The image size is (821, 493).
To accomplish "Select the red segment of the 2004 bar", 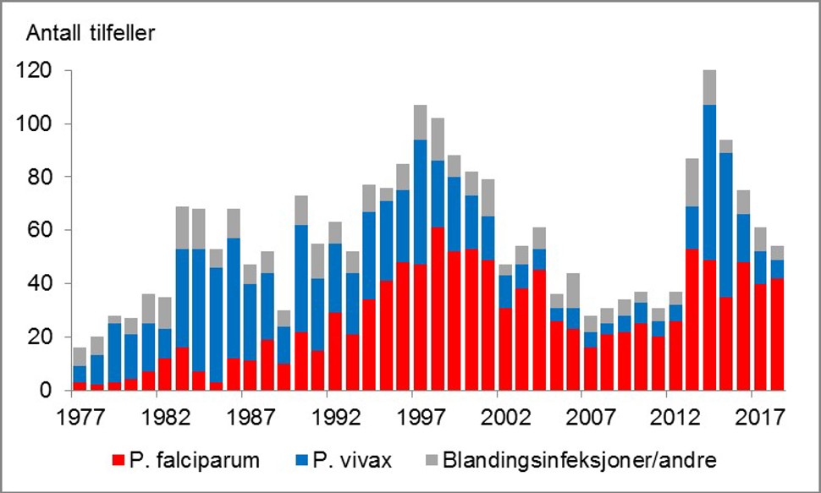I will [539, 330].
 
